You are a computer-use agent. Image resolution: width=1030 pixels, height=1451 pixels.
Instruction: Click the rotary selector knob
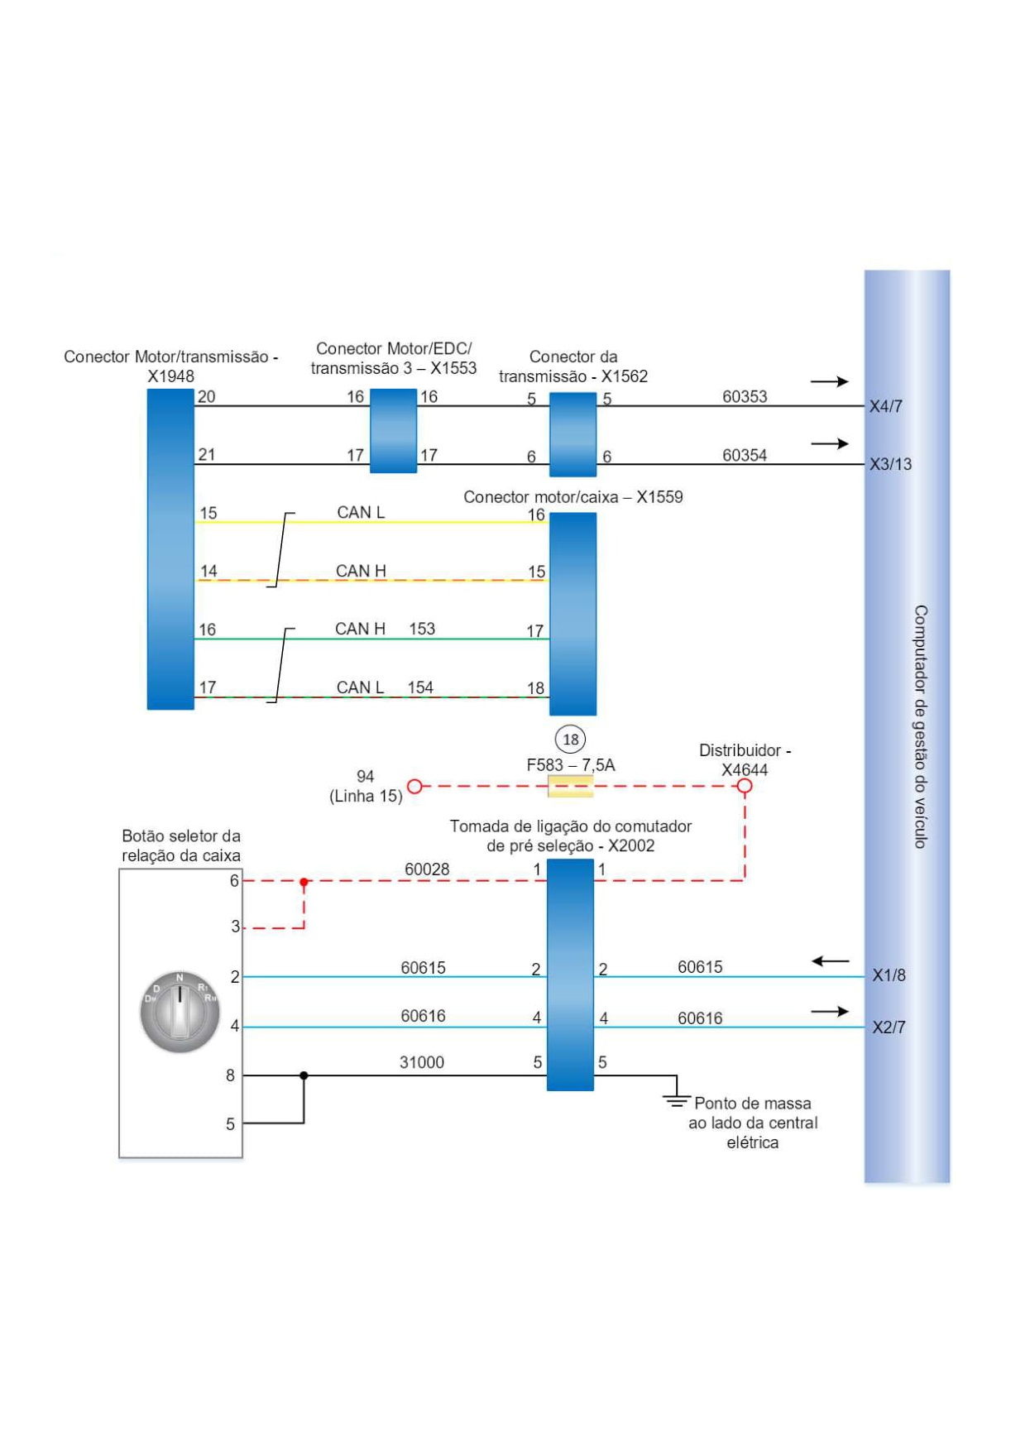pos(180,1012)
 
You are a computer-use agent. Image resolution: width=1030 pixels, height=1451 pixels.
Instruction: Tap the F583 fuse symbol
pos(570,786)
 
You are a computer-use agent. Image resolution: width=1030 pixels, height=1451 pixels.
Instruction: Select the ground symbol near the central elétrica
pos(676,1099)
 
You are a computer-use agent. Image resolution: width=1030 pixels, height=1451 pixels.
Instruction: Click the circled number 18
pos(570,739)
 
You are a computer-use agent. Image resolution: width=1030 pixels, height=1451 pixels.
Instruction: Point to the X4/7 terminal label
pos(885,406)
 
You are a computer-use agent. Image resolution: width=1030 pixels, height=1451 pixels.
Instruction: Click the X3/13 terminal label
pos(890,464)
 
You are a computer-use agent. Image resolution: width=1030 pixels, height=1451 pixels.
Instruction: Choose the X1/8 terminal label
pos(889,975)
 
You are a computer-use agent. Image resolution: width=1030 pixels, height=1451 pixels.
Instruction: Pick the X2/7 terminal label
pos(889,1027)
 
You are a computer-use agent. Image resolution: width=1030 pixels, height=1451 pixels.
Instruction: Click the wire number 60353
pos(745,396)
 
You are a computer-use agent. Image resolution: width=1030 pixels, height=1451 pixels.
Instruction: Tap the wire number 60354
pos(745,455)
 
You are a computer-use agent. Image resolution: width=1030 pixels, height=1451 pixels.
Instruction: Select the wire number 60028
pos(427,869)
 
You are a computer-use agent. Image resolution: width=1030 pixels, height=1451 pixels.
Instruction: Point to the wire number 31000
pos(422,1062)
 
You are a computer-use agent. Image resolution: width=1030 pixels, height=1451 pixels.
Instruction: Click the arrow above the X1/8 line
pos(831,961)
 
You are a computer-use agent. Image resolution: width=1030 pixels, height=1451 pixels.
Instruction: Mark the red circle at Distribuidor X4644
pos(745,786)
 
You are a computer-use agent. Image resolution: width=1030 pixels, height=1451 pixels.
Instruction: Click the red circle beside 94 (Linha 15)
pos(415,786)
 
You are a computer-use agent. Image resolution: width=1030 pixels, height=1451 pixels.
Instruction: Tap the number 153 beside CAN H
pos(422,629)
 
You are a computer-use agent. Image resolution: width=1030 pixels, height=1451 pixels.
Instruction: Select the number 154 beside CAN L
pos(420,687)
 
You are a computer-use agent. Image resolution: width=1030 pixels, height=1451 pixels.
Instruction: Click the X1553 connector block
pos(393,431)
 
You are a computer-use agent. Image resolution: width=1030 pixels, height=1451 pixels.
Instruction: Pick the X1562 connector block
pos(572,434)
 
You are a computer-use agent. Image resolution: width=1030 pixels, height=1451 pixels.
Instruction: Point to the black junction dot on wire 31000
pos(304,1075)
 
